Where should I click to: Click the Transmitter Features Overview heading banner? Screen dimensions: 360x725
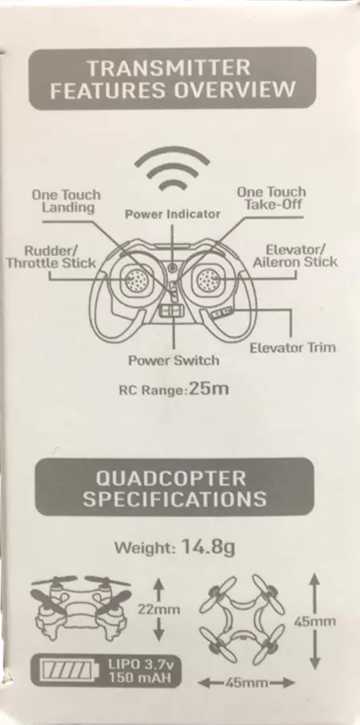172,78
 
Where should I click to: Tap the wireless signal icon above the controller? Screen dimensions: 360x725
172,169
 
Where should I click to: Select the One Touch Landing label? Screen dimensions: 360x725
66,201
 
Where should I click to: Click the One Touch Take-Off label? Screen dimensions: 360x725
272,198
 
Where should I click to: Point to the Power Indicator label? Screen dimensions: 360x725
173,214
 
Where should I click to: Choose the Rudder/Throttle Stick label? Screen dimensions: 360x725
51,258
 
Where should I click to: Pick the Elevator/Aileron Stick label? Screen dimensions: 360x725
296,256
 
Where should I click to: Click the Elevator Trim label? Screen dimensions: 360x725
293,347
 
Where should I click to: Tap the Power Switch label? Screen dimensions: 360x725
174,360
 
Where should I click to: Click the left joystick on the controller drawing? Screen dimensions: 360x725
137,280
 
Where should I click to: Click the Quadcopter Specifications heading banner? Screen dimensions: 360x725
174,487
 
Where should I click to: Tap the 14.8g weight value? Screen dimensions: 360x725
209,548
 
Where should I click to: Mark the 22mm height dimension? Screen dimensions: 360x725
159,610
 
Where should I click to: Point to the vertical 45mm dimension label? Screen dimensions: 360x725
314,622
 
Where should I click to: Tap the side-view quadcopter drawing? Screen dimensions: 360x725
81,608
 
